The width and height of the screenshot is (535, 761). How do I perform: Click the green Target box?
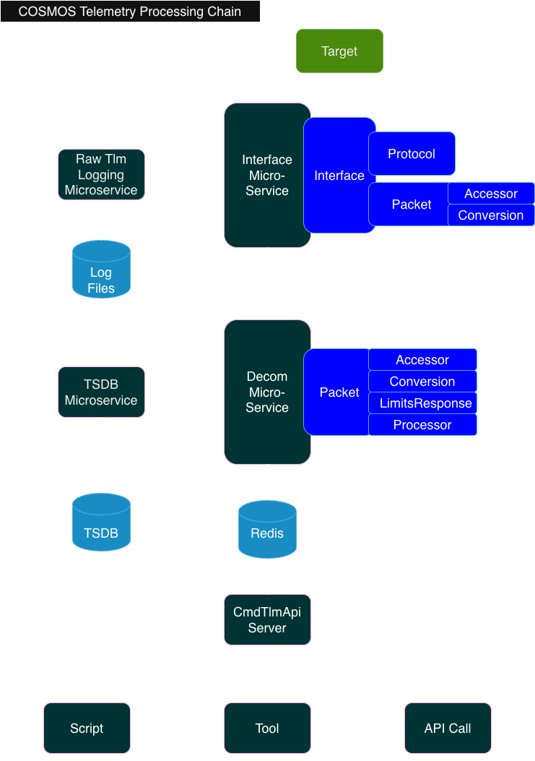339,51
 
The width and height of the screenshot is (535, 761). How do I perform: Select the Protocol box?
412,154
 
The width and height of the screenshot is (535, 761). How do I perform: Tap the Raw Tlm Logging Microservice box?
101,175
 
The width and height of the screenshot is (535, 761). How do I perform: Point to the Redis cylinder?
267,530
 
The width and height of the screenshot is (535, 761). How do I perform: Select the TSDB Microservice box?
101,392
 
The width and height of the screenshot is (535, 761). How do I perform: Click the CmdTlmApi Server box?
267,620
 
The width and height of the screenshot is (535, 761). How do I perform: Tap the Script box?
87,728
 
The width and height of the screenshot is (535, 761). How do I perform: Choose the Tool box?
267,728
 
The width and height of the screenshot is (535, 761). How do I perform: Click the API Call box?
448,728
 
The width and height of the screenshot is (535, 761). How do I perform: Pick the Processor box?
422,425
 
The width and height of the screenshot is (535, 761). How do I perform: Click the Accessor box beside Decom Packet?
422,360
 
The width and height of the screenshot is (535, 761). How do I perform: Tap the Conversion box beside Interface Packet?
491,215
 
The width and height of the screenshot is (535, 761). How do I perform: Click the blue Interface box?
336,176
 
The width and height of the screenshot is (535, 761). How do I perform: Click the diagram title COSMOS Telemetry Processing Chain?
130,12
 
